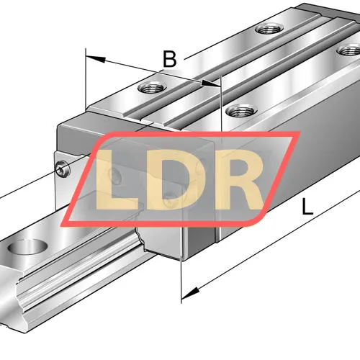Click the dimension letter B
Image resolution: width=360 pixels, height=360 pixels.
[x=170, y=59]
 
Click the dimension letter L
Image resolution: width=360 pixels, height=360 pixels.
[x=307, y=207]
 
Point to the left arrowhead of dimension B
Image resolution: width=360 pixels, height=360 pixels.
[x=96, y=58]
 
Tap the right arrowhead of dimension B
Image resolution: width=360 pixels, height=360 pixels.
[x=210, y=84]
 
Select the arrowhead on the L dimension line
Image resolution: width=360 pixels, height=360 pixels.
[x=190, y=293]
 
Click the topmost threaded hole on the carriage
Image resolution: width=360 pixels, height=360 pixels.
[x=269, y=29]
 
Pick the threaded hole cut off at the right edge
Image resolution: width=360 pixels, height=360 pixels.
[x=348, y=50]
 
